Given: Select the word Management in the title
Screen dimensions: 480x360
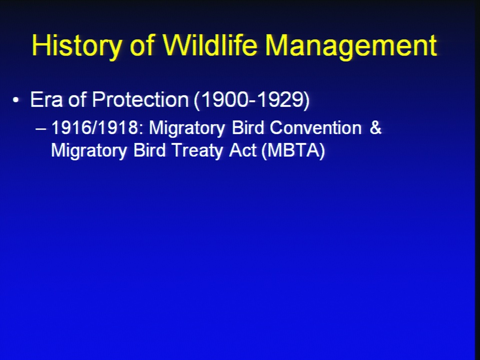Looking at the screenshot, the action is (x=351, y=45).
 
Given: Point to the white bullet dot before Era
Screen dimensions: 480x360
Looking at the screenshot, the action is (x=16, y=100).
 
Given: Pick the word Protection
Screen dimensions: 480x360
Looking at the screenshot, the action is (x=140, y=99).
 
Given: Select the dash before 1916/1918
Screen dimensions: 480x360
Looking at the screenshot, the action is (x=41, y=128).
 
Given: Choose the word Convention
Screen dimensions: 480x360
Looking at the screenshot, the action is (x=315, y=127).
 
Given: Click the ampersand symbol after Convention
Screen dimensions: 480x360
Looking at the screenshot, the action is (x=375, y=127).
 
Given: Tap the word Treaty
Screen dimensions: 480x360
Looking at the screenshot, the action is (x=198, y=150).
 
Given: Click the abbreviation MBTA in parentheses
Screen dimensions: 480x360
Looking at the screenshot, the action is (x=293, y=150).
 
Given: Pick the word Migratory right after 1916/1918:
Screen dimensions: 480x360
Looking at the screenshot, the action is (x=186, y=128).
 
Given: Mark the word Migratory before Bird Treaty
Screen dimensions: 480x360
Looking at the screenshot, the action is (x=89, y=151).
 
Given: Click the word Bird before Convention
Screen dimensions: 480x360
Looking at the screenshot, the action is (x=247, y=127).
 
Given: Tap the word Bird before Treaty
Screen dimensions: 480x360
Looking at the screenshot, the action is (x=149, y=150).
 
